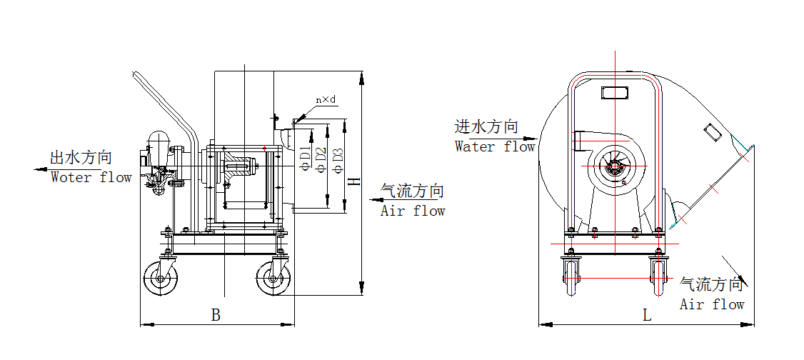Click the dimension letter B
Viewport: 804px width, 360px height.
216,314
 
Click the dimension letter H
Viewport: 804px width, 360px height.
353,181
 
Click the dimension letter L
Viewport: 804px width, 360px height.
647,315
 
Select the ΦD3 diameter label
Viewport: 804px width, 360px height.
338,159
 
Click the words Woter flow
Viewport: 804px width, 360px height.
91,177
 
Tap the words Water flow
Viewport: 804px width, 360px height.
495,146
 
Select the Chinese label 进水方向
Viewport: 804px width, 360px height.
486,127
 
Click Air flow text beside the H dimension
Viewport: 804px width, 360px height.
413,211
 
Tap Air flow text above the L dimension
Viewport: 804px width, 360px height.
712,304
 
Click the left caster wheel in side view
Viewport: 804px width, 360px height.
161,279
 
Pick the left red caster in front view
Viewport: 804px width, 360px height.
571,277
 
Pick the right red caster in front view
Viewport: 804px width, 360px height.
658,277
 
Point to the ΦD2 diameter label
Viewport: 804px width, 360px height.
322,158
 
